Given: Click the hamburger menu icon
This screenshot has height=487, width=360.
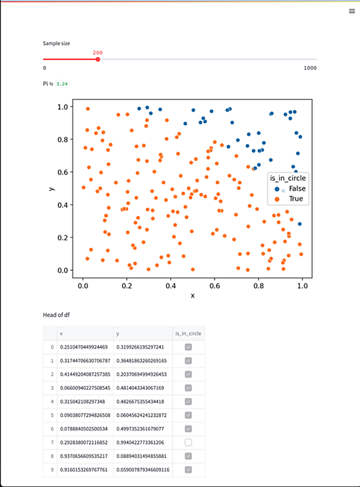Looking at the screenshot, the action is click(x=351, y=11).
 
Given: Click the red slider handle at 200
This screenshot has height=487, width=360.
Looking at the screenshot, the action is click(x=98, y=59).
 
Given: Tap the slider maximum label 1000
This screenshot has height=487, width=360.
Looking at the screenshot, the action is click(x=310, y=68).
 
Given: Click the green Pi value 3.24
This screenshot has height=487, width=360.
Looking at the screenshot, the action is click(x=62, y=84).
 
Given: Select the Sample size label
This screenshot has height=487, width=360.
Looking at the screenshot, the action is click(x=56, y=44).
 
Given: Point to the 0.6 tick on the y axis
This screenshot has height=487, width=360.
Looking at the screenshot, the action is click(x=63, y=172).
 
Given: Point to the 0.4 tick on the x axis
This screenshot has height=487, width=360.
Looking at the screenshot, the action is click(x=171, y=286).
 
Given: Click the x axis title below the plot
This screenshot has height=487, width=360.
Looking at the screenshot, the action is click(x=193, y=296).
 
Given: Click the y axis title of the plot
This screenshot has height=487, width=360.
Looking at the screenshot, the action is click(x=52, y=189).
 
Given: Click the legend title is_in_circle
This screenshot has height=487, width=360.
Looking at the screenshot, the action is click(x=288, y=178).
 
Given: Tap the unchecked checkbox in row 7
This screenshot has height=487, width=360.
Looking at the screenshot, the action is click(x=189, y=442).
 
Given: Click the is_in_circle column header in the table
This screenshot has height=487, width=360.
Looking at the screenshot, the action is click(x=188, y=333).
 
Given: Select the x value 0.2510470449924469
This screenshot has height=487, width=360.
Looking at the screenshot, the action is click(x=84, y=347).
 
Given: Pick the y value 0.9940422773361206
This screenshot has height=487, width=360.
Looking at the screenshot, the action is click(x=140, y=442).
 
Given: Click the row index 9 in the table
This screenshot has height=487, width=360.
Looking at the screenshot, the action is click(x=52, y=470).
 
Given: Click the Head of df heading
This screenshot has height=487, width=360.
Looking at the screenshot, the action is click(x=56, y=315).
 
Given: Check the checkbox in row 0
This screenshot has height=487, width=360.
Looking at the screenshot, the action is click(x=189, y=347).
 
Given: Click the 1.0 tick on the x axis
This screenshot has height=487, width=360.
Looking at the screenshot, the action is click(x=303, y=286).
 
